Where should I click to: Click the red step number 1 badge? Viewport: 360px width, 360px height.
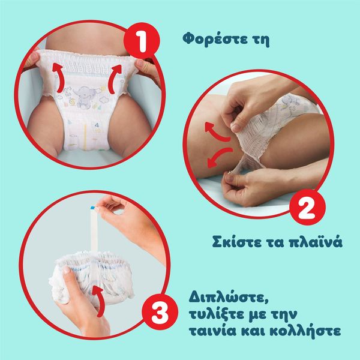pyautogui.click(x=142, y=41)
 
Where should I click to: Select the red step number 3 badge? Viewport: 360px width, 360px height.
pyautogui.click(x=160, y=312)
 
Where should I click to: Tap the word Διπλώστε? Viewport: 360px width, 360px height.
pyautogui.click(x=229, y=298)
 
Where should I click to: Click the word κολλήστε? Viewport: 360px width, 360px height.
pyautogui.click(x=305, y=331)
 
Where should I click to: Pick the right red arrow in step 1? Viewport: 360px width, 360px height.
pyautogui.click(x=115, y=78)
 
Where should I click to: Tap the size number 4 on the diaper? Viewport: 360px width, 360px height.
pyautogui.click(x=97, y=125)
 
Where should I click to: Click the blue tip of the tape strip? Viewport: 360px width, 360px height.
pyautogui.click(x=93, y=208)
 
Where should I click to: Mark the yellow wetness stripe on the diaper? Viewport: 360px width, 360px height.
pyautogui.click(x=85, y=137)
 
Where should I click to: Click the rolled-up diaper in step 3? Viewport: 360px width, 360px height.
pyautogui.click(x=92, y=278)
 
